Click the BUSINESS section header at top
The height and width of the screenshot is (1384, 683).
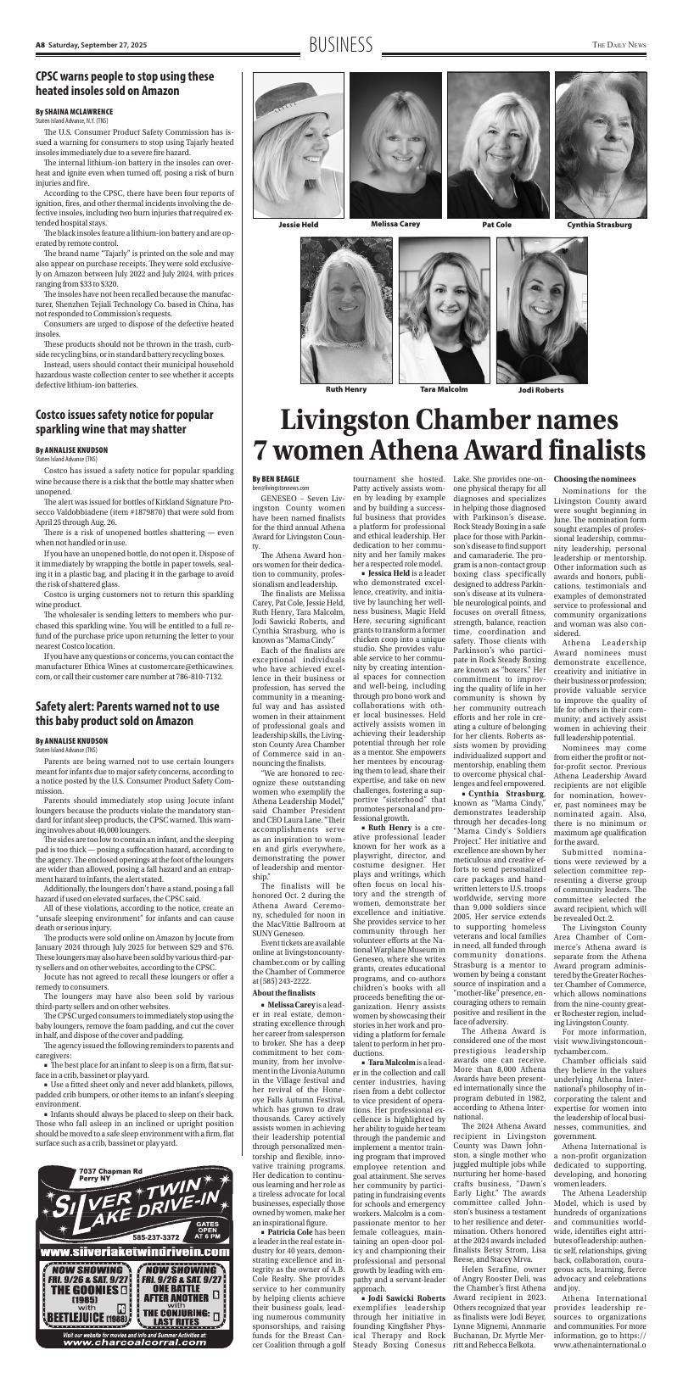coord(341,45)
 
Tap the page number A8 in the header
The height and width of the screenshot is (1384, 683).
coord(40,45)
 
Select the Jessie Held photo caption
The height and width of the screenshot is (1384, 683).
coord(298,225)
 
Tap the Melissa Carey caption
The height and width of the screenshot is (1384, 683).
coord(395,224)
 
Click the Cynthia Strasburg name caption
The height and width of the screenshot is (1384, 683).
coord(599,225)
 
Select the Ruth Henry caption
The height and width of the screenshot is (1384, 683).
coord(346,388)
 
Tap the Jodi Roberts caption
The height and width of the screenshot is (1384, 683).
coord(540,389)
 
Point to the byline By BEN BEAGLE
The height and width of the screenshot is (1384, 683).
coord(270,479)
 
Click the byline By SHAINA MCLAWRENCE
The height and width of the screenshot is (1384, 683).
coord(86,111)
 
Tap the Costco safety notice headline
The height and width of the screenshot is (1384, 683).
coord(124,422)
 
